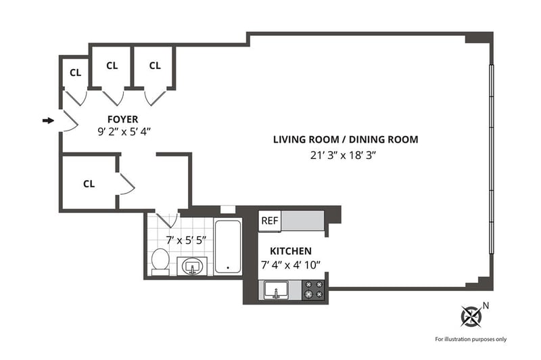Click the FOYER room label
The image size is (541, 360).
click(x=123, y=119)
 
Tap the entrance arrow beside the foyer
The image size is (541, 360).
click(x=48, y=120)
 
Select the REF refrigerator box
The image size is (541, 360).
click(x=270, y=221)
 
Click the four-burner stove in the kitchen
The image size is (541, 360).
click(x=314, y=290)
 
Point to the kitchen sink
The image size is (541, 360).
click(x=276, y=290)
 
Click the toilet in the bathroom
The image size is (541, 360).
click(x=160, y=262)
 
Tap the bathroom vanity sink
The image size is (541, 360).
click(x=192, y=266)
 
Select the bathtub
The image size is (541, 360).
click(x=228, y=247)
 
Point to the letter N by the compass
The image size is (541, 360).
click(x=486, y=305)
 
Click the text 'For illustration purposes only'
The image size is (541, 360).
click(x=471, y=339)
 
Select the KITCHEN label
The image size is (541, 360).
click(x=291, y=251)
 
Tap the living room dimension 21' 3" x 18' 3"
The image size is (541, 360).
click(x=343, y=156)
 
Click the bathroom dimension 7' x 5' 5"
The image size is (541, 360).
click(x=187, y=240)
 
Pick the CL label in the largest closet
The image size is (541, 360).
click(x=89, y=183)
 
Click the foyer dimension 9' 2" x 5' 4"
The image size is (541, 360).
click(x=124, y=131)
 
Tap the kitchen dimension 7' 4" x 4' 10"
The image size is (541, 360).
click(x=291, y=265)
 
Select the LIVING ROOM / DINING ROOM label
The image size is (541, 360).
click(x=346, y=139)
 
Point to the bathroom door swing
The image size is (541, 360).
click(x=167, y=219)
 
